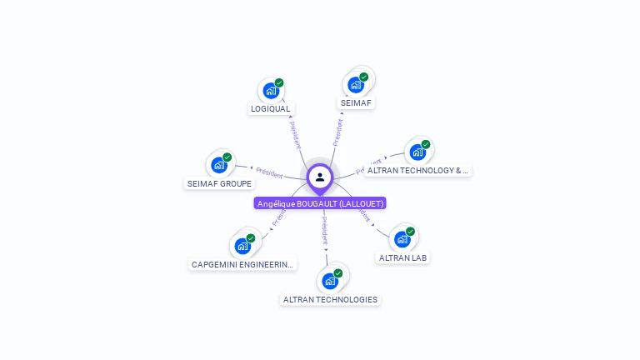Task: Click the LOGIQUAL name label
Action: point(271,108)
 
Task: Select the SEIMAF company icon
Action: point(356,84)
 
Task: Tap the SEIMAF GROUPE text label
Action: point(219,183)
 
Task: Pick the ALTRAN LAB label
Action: point(402,257)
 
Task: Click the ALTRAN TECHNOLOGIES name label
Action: point(330,299)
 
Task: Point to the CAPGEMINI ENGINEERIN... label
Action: point(242,264)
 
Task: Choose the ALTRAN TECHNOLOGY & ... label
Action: point(417,170)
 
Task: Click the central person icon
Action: point(320,177)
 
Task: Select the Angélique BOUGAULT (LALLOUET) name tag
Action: point(320,203)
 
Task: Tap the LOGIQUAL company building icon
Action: point(270,90)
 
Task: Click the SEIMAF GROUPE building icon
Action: point(219,164)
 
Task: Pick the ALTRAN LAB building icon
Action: point(402,239)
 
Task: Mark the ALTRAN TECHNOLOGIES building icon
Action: point(330,281)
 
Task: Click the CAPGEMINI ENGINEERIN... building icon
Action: point(242,246)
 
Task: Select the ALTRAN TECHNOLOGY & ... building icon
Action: point(417,152)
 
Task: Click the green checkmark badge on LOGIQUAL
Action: point(279,82)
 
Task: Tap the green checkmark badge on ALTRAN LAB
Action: point(410,232)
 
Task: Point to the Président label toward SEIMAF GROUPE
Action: point(269,172)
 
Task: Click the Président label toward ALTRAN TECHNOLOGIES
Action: point(325,230)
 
